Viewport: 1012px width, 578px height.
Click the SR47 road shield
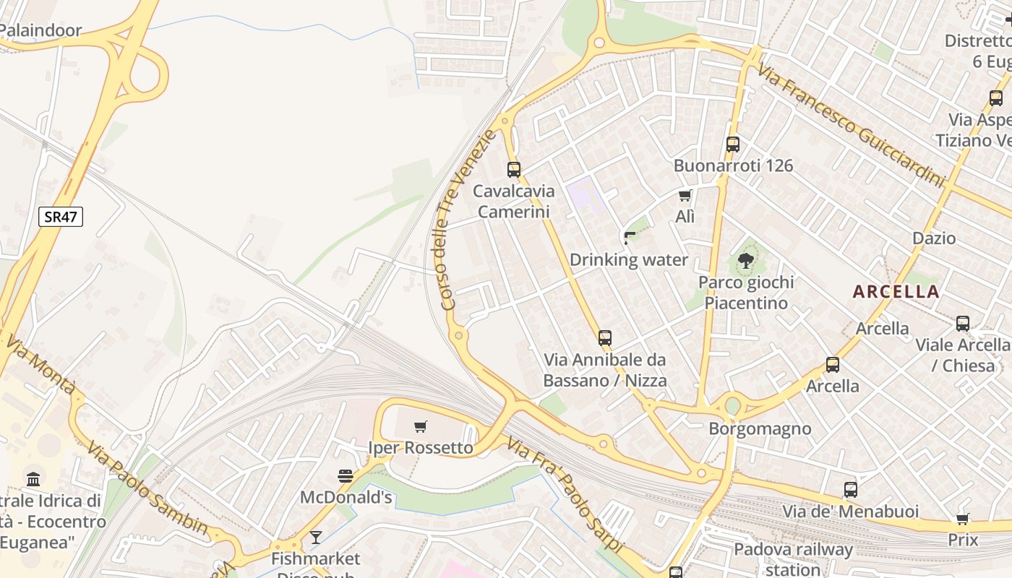pyautogui.click(x=61, y=217)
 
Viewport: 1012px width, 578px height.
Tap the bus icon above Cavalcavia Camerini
pyautogui.click(x=514, y=170)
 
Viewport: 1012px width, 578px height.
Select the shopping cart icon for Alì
pyautogui.click(x=685, y=195)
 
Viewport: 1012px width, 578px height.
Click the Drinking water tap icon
pyautogui.click(x=629, y=238)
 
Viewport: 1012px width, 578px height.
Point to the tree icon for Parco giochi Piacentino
pyautogui.click(x=746, y=260)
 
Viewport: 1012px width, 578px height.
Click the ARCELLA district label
pyautogui.click(x=896, y=292)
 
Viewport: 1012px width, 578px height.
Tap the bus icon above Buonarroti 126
pyautogui.click(x=733, y=144)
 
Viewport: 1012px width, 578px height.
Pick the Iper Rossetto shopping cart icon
pyautogui.click(x=421, y=426)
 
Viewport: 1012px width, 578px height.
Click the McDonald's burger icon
pyautogui.click(x=346, y=475)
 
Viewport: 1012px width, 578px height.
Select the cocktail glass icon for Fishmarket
pyautogui.click(x=315, y=537)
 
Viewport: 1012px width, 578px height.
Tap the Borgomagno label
pyautogui.click(x=760, y=428)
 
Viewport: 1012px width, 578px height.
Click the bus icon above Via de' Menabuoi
pyautogui.click(x=851, y=490)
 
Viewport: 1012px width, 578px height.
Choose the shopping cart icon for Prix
pyautogui.click(x=963, y=518)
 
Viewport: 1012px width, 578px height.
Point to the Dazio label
pyautogui.click(x=934, y=238)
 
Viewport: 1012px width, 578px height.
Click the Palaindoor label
pyautogui.click(x=40, y=30)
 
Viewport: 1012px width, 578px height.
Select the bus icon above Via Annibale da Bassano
pyautogui.click(x=605, y=337)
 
